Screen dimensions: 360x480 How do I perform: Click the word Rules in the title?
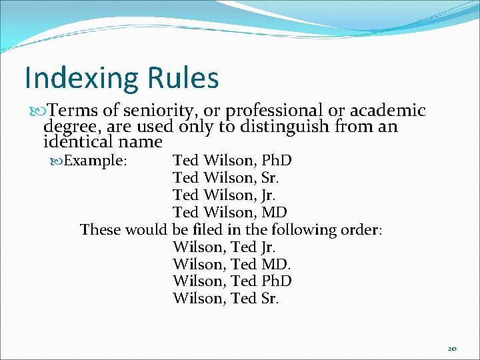[183, 77]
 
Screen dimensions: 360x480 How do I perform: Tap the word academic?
[387, 110]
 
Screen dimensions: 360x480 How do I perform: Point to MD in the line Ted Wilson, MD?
[275, 213]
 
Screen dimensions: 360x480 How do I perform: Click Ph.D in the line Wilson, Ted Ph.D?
[276, 282]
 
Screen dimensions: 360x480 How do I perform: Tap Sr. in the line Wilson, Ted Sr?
[269, 299]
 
